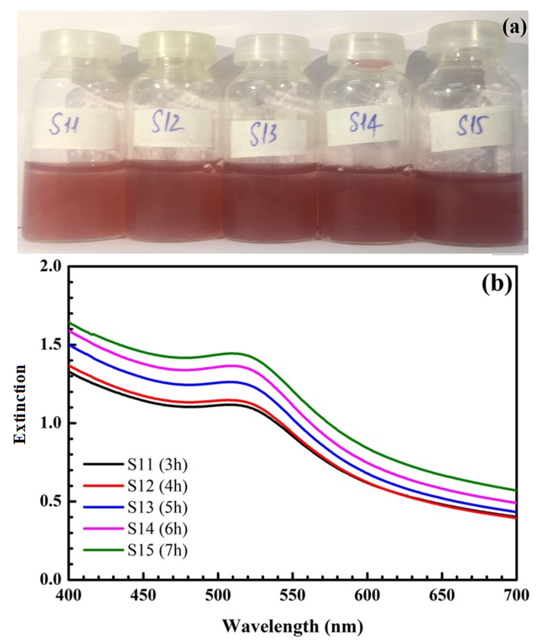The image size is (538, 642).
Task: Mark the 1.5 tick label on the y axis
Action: [x=50, y=345]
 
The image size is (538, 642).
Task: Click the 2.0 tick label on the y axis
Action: [x=50, y=267]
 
